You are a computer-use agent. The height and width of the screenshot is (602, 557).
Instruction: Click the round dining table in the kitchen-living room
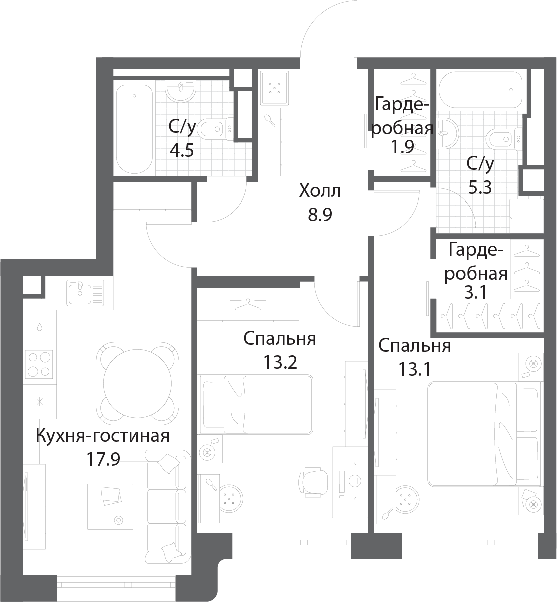pos(137,383)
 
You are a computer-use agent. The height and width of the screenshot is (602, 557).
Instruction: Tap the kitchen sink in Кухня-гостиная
pos(86,292)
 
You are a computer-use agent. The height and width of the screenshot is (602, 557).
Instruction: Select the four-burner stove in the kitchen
pos(39,364)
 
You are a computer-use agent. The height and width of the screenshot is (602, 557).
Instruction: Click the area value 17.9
pos(103,459)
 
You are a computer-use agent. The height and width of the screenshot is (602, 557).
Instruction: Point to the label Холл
pos(320,191)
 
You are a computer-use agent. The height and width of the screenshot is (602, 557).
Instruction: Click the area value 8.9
pos(320,215)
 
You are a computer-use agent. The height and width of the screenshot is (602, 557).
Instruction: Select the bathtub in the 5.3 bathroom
pos(481,90)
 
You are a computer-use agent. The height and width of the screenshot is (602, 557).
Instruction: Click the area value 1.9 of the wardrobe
pos(402,148)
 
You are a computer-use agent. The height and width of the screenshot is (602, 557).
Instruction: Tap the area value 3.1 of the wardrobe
pos(475,293)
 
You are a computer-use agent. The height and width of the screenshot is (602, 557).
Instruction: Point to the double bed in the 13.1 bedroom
pos(484,435)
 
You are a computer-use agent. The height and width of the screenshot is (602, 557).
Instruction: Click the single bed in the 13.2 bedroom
pos(255,405)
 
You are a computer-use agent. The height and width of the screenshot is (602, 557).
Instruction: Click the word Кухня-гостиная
pos(102,436)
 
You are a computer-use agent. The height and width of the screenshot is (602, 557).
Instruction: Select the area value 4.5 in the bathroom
pos(181,150)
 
